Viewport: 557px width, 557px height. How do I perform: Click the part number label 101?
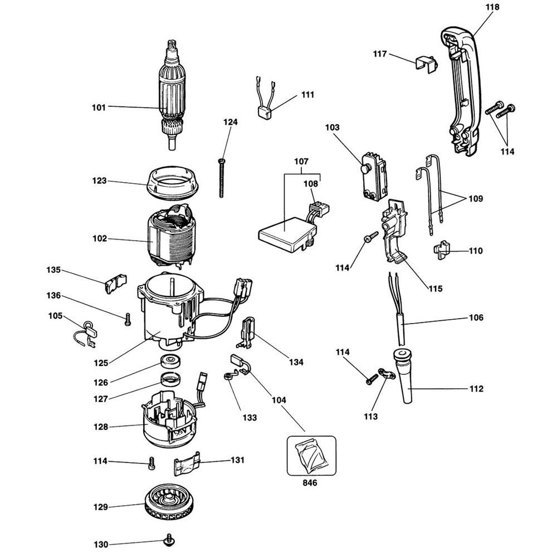pyautogui.click(x=99, y=107)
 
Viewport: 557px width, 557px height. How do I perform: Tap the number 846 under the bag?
pyautogui.click(x=310, y=483)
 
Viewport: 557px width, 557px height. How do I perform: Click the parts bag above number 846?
pyautogui.click(x=311, y=455)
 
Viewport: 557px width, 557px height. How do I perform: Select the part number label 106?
pyautogui.click(x=476, y=318)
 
